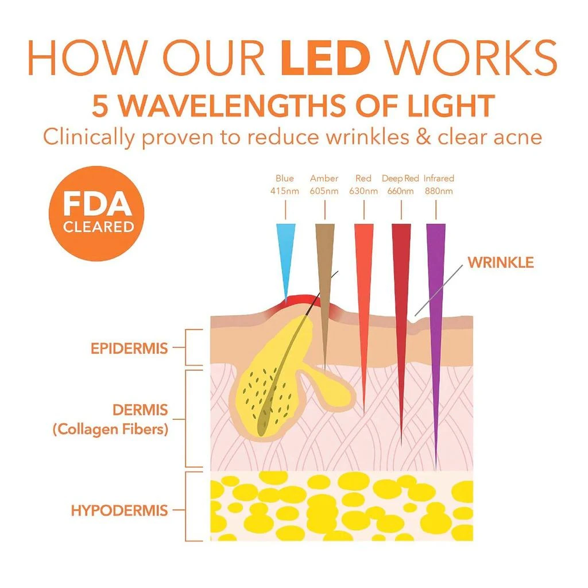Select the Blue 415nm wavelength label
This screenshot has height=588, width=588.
coord(284,185)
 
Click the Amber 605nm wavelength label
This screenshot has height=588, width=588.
coord(324,185)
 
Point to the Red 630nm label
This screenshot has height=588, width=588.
coord(363,185)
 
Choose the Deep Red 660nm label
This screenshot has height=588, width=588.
coord(400,185)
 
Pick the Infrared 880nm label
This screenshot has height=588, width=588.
coord(438,185)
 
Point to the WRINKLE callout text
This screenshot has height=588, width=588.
coord(501,262)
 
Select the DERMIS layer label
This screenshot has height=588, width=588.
coord(140,410)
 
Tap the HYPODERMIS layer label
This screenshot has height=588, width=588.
coord(119,510)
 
